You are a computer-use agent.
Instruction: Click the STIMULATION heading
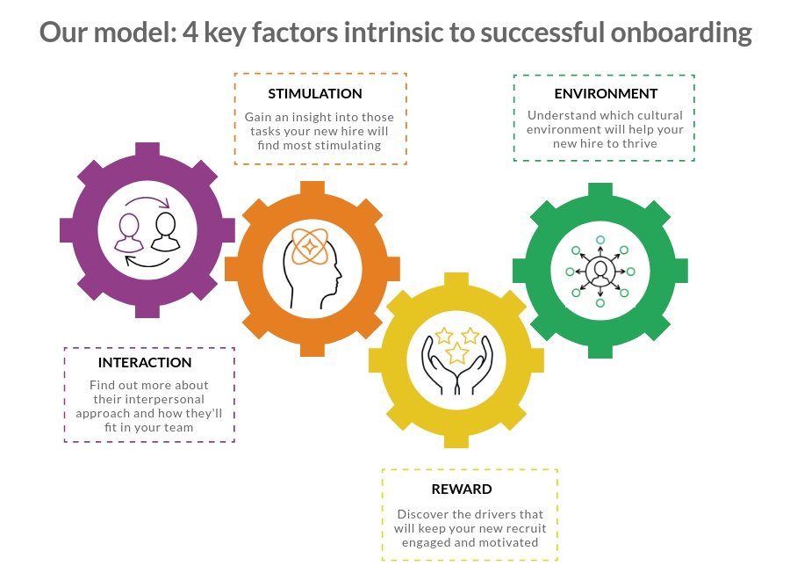pos(314,94)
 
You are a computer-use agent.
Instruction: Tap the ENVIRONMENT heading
pos(606,94)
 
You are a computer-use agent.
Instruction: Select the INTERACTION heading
pos(145,362)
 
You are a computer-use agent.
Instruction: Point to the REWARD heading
pos(462,489)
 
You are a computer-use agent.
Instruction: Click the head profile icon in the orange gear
pos(313,268)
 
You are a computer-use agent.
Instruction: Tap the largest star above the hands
pos(456,353)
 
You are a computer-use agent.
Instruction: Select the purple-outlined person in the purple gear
pos(131,233)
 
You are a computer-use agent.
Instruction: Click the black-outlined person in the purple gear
pos(164,231)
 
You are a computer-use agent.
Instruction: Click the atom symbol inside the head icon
pos(309,247)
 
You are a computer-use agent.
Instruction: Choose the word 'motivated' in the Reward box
pos(508,542)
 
